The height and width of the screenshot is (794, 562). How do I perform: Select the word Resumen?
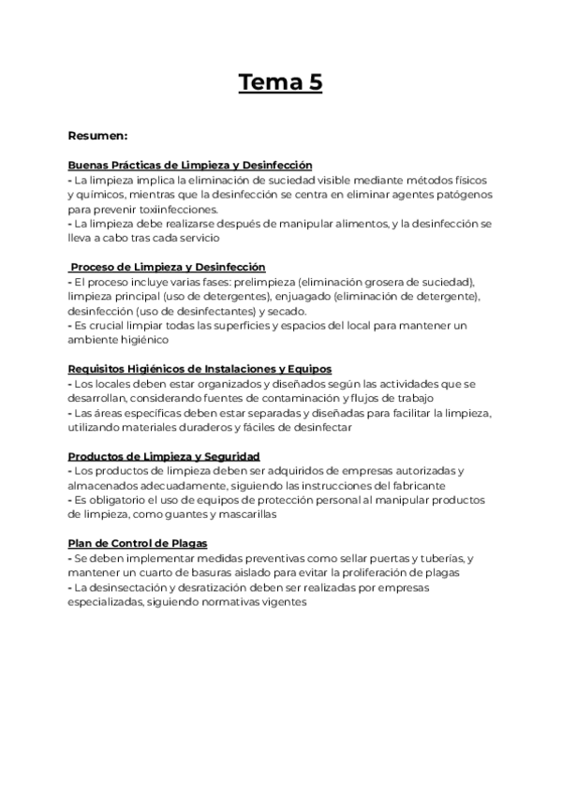tap(101, 135)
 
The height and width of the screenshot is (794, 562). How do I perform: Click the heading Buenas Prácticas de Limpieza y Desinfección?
tap(190, 164)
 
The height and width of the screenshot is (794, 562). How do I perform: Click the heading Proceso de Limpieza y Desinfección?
tap(168, 267)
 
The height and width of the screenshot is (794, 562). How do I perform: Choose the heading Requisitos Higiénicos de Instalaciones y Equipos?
tap(200, 369)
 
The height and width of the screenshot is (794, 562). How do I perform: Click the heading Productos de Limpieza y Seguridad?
tap(164, 456)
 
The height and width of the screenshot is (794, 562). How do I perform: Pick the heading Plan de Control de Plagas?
tap(138, 543)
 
